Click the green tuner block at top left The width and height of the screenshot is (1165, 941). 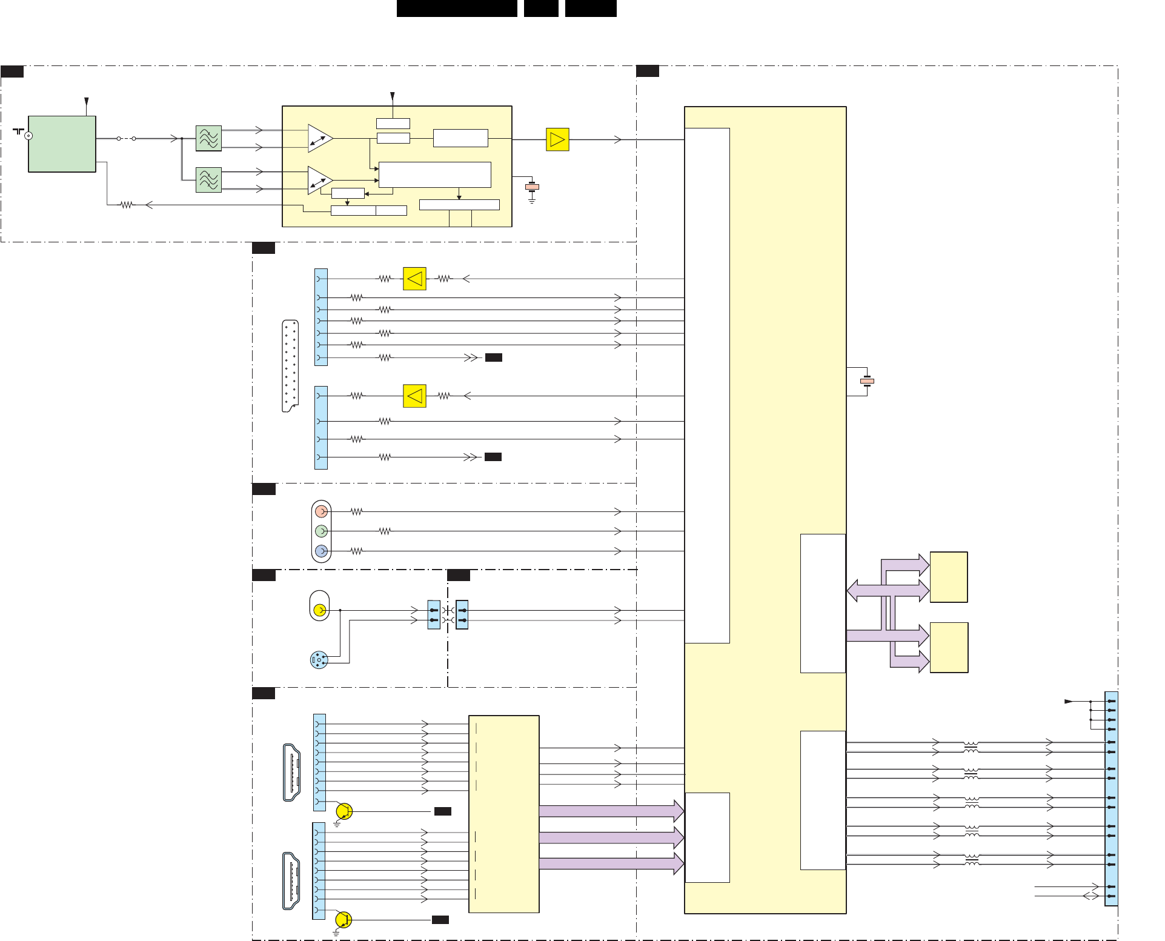(x=62, y=144)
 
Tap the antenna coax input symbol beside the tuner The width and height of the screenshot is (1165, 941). (x=28, y=136)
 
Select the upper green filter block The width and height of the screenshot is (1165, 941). (x=208, y=138)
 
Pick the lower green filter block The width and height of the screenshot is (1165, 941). (x=208, y=180)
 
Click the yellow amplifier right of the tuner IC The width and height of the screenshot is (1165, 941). (x=557, y=139)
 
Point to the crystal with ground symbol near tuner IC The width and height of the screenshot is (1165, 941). (x=532, y=187)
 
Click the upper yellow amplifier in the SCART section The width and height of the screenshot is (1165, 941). (x=414, y=279)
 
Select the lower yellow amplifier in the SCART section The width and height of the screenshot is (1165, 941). (x=414, y=396)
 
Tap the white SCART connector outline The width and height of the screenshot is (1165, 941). (x=290, y=365)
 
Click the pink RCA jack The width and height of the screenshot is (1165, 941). (x=322, y=511)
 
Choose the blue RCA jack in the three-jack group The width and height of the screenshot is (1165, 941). (x=322, y=551)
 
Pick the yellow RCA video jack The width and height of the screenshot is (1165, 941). (x=320, y=610)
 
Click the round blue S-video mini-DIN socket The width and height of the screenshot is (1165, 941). (x=319, y=660)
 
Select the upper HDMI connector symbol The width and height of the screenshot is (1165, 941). (x=291, y=773)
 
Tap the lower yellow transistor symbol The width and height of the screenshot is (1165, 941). (x=344, y=920)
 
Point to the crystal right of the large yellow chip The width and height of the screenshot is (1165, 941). (x=867, y=381)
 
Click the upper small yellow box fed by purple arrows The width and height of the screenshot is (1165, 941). (x=948, y=577)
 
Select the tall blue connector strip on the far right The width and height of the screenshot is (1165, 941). (x=1111, y=798)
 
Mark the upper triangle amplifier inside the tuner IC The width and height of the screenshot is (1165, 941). (x=319, y=139)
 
